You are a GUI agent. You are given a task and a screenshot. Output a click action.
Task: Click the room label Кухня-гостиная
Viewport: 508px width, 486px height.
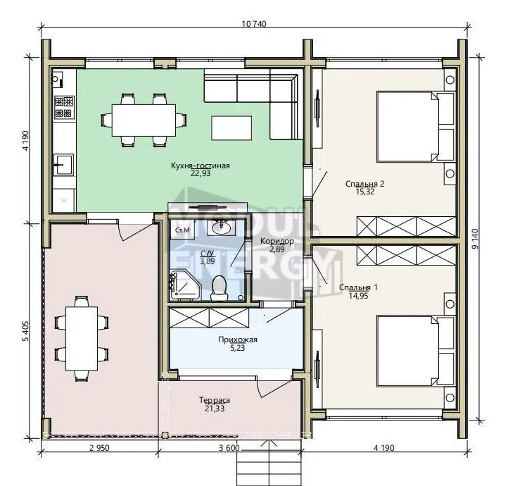pos(201,166)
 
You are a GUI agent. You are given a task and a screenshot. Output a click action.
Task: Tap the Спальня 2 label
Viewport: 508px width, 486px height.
pos(364,184)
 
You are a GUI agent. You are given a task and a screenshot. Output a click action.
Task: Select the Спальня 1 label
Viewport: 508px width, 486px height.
pos(358,287)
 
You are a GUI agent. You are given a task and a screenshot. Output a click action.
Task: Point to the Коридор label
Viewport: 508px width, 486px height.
pos(277,241)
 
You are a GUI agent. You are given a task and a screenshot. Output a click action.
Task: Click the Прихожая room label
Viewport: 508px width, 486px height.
pos(238,339)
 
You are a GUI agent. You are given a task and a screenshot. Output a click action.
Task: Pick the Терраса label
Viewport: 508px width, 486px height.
pos(215,400)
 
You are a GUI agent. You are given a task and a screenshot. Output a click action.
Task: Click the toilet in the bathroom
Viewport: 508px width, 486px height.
pos(220,288)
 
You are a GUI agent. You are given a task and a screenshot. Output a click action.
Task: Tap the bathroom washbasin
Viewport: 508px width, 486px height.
pos(222,227)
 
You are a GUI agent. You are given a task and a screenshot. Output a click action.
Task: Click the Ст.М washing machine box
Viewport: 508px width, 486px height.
pos(182,230)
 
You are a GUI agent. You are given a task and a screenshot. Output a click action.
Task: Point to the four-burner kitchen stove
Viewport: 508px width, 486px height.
pos(64,106)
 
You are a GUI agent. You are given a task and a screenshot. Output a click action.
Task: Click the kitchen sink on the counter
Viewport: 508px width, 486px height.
pos(63,165)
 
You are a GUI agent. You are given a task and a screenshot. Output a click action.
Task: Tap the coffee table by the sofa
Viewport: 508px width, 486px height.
pos(231,128)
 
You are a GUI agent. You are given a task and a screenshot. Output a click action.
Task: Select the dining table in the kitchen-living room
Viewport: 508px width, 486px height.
pos(144,120)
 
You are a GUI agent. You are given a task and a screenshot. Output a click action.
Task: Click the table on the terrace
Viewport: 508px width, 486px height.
pos(82,338)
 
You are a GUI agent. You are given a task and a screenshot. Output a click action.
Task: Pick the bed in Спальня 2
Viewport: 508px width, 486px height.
pos(417,127)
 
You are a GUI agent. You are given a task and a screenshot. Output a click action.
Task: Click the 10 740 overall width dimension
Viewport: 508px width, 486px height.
pos(254,24)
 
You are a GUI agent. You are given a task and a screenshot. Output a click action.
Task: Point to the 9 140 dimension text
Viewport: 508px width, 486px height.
pos(475,239)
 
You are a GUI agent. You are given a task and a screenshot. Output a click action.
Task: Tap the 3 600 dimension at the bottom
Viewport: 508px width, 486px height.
pos(229,448)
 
